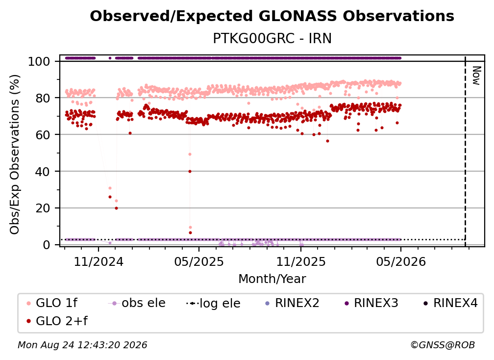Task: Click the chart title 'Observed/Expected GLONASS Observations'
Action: click(x=272, y=16)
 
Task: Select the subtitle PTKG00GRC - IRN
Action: click(x=272, y=39)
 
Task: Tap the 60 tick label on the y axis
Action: click(x=43, y=135)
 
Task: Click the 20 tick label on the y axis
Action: click(x=43, y=208)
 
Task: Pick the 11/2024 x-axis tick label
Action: click(x=99, y=261)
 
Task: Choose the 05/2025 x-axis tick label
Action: click(x=199, y=261)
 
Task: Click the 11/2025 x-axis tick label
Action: click(x=301, y=261)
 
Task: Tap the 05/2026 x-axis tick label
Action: click(x=401, y=261)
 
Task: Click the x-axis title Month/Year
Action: click(x=272, y=279)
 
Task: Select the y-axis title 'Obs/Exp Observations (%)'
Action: click(x=15, y=154)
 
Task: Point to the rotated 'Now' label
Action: click(x=476, y=76)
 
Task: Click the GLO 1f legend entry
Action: click(x=52, y=303)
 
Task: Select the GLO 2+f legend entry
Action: click(x=57, y=321)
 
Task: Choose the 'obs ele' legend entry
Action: click(x=137, y=303)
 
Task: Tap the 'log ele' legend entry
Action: click(x=213, y=303)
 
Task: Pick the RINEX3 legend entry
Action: click(x=371, y=303)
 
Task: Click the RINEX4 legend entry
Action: click(x=450, y=303)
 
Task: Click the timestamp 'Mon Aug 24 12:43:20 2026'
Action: click(x=82, y=345)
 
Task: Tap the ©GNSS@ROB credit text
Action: click(x=443, y=345)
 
